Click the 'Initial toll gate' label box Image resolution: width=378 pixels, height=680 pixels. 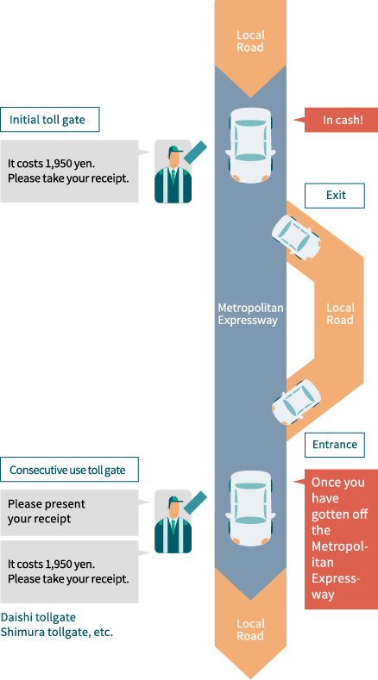coord(50,120)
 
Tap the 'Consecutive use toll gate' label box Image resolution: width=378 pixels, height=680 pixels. coord(69,470)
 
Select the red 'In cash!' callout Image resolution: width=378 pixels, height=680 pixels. coord(342,120)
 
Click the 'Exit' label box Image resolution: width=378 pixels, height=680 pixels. coord(335,196)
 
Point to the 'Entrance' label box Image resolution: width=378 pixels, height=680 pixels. coord(335,445)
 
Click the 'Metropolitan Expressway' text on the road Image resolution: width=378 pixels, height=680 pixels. coord(250,314)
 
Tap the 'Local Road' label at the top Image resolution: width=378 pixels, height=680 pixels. coord(250,41)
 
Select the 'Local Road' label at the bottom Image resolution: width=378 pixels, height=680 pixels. coord(250,629)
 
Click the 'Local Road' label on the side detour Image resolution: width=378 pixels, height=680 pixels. coord(339,314)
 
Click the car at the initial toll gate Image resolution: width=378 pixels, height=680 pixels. coord(250,145)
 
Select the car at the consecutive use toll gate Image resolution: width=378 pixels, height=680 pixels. coord(250,508)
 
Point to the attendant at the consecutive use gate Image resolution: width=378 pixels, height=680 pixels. coord(173,523)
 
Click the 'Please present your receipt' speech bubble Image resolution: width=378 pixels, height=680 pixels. coord(69,511)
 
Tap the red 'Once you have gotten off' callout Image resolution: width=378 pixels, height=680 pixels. coord(340,539)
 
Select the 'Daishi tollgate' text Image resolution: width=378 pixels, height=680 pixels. coord(38,617)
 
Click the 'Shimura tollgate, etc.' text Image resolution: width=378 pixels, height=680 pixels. coord(57,632)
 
